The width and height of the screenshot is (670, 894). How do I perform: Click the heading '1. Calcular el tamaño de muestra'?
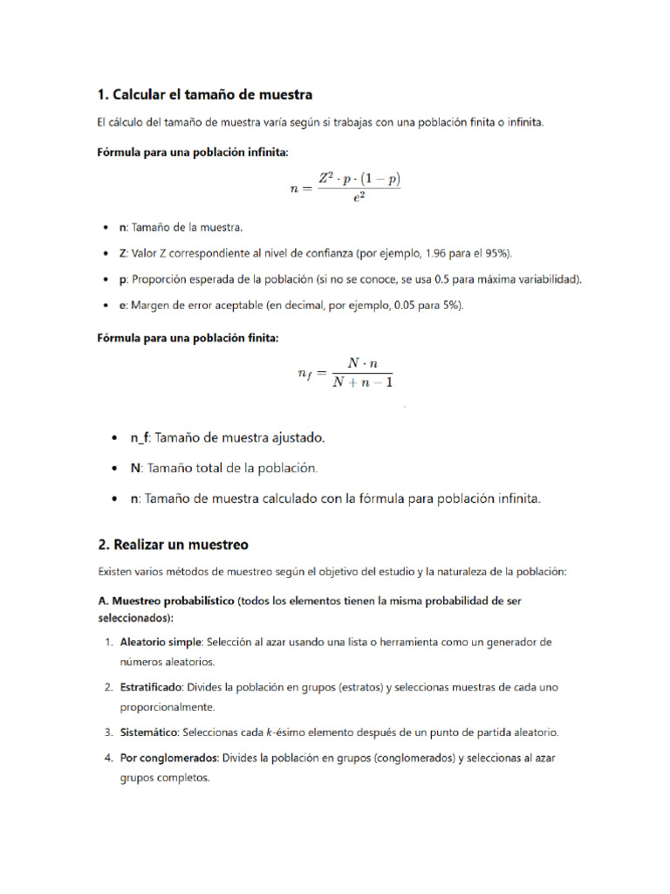(204, 94)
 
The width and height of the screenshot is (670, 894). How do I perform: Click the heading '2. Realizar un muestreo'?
(173, 545)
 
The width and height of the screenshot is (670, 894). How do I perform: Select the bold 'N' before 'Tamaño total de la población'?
(135, 468)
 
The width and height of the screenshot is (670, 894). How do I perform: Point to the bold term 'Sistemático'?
(147, 732)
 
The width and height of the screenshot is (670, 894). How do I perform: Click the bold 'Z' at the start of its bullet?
(123, 253)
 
